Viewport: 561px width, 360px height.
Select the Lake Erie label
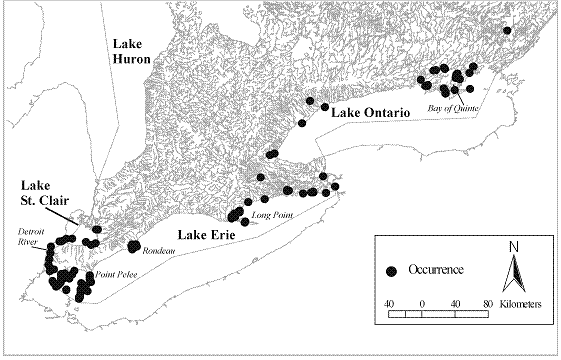207,235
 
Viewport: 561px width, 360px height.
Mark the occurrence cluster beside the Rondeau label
132,246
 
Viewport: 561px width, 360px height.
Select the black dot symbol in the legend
393,270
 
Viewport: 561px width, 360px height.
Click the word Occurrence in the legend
437,270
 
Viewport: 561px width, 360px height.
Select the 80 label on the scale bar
487,301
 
